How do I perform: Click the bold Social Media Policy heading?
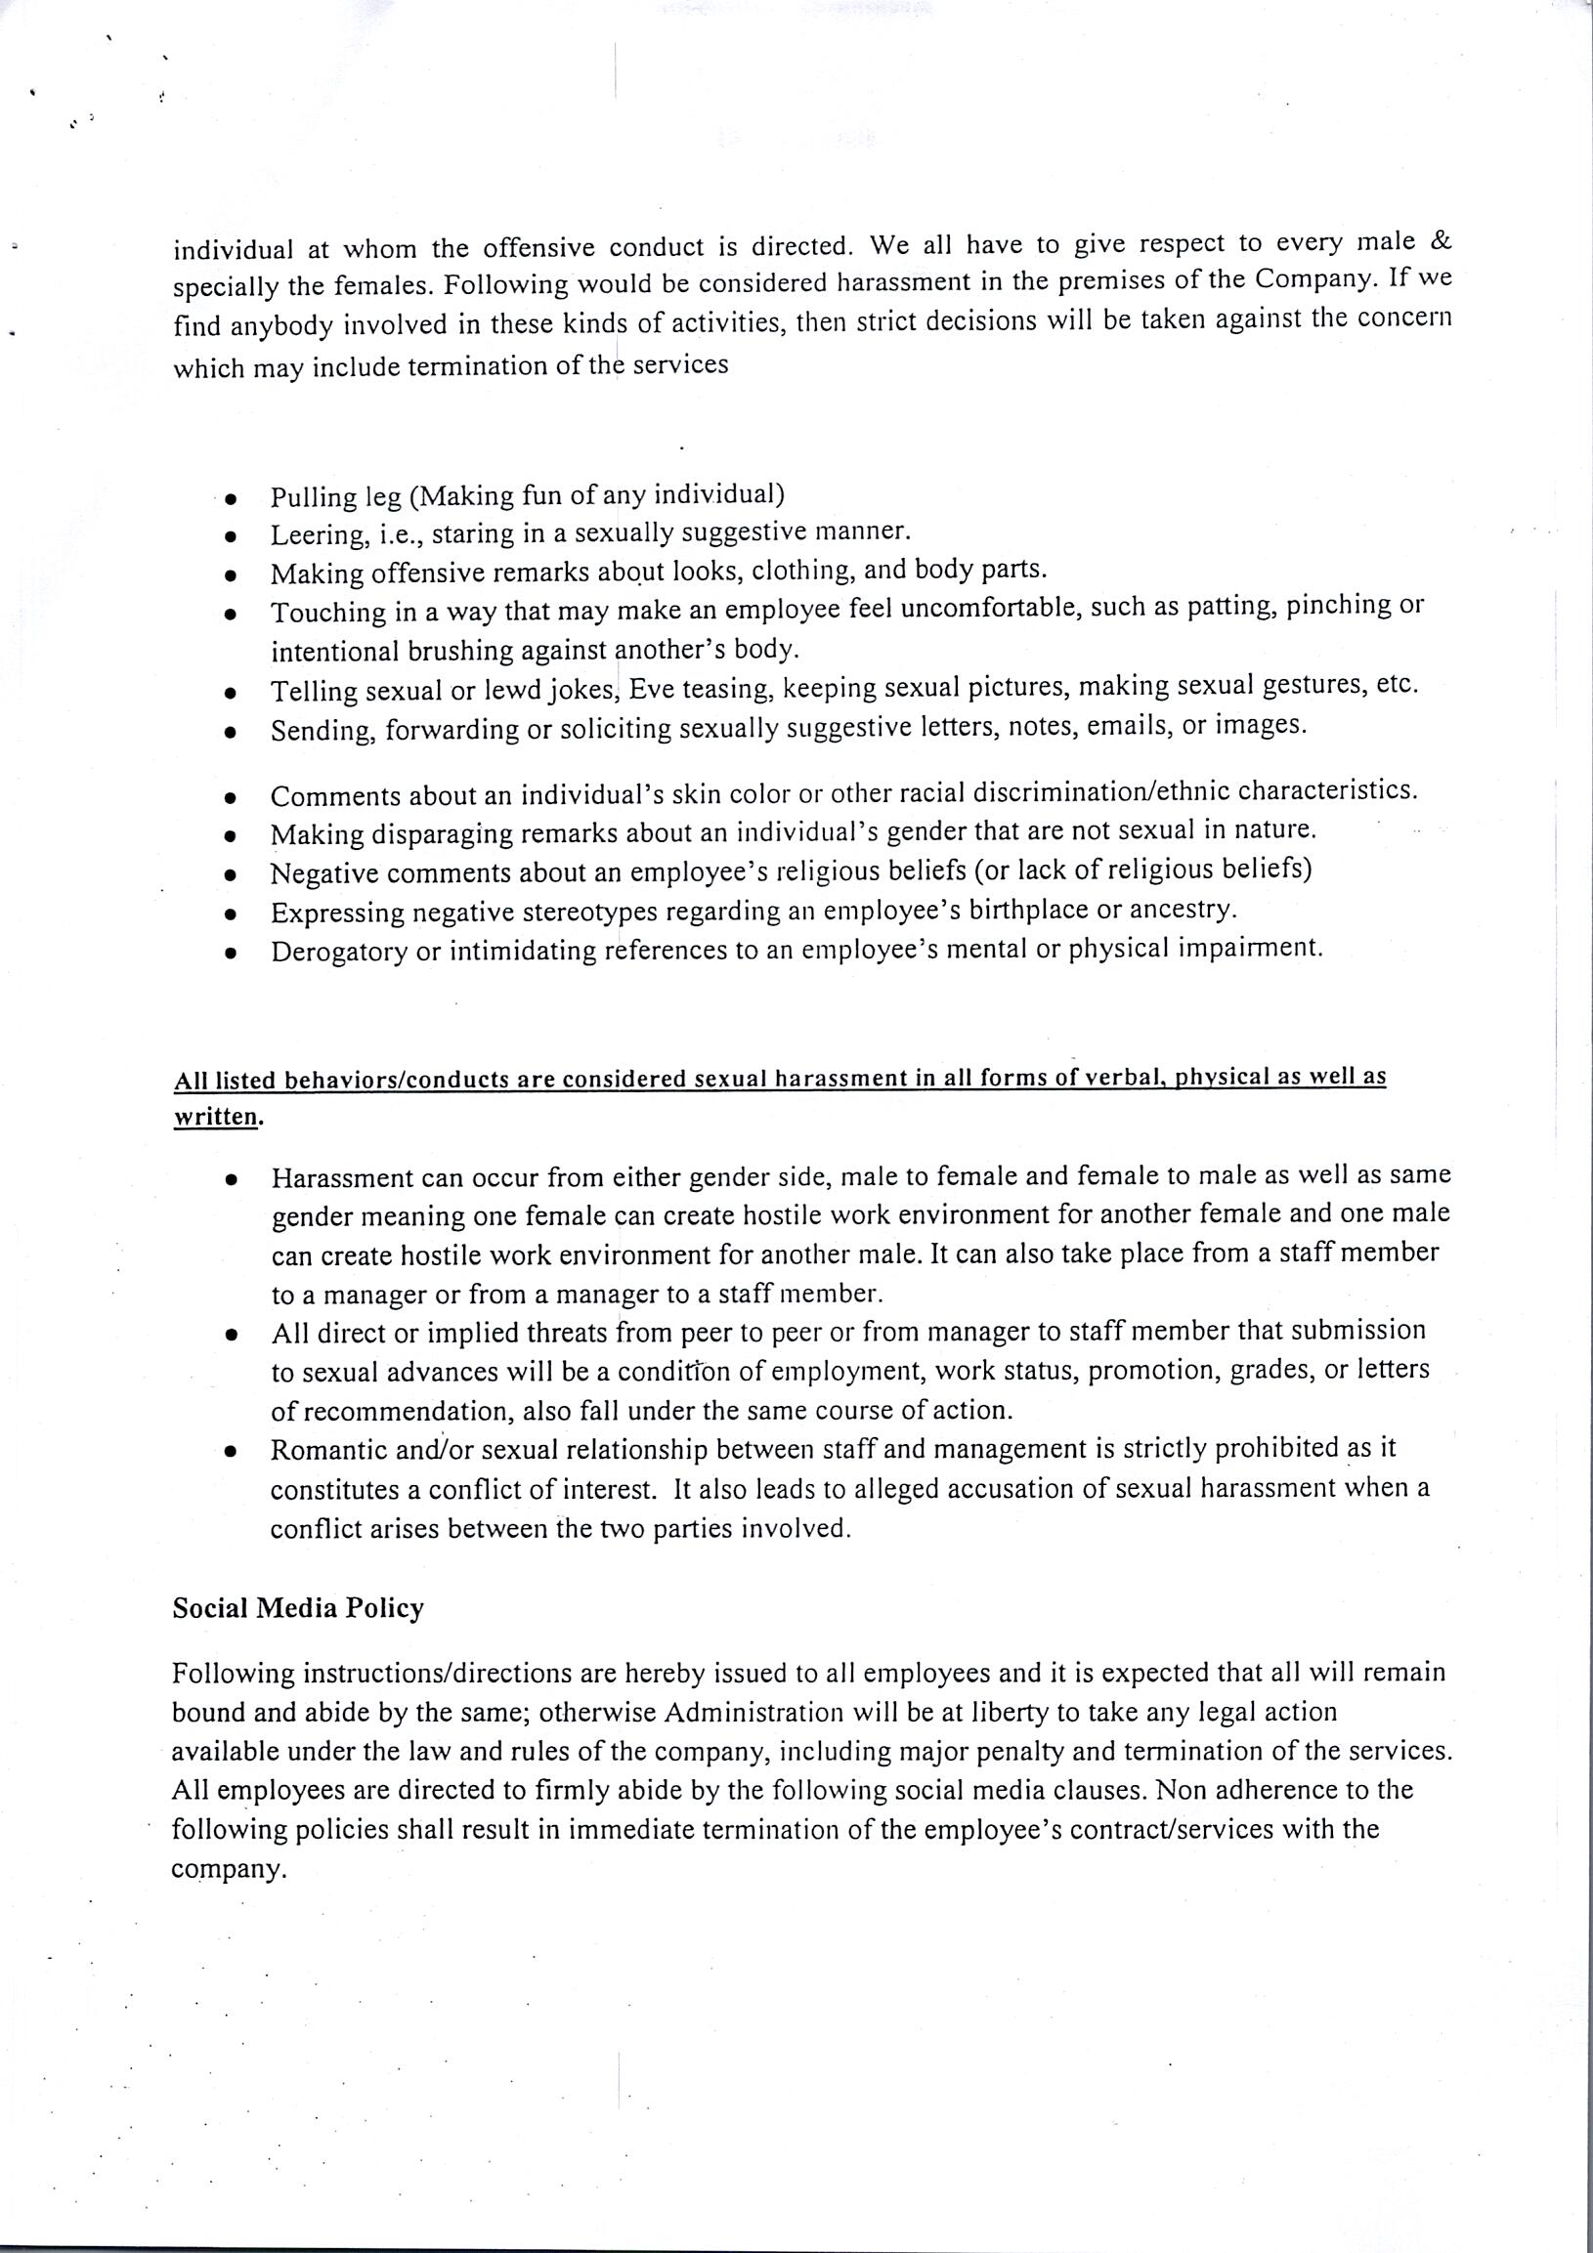297,1609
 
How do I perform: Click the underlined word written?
216,1118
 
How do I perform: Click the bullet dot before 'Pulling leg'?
230,498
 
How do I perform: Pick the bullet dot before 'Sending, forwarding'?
230,732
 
